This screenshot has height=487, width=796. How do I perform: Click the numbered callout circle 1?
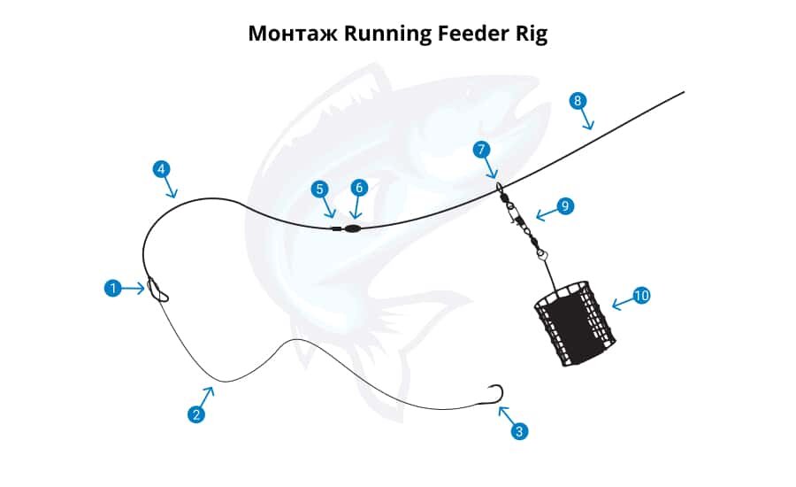(112, 288)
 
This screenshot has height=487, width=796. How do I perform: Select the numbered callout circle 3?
(519, 431)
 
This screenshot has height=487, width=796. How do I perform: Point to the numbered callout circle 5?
(319, 188)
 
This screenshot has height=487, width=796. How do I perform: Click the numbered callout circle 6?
(358, 188)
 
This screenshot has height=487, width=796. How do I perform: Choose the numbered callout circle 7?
(481, 150)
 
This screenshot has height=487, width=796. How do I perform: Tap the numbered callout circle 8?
(578, 100)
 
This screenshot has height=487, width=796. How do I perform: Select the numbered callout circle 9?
(565, 206)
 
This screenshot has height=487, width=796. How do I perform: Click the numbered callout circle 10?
(641, 295)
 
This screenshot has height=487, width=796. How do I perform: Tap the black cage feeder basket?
(573, 324)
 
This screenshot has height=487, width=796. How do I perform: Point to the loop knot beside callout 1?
(158, 290)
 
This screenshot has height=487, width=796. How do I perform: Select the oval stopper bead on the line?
(351, 227)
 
